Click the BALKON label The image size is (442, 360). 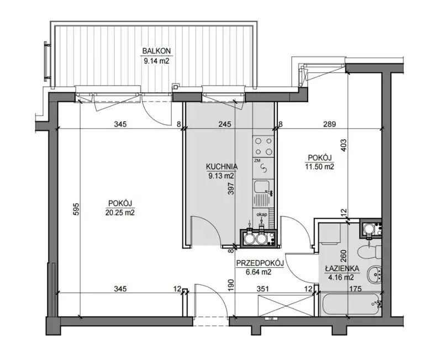[x=156, y=51]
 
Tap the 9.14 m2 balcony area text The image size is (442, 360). [x=156, y=61]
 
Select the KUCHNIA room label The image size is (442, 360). [x=222, y=167]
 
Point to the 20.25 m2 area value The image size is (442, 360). [x=120, y=213]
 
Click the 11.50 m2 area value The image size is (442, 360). [x=319, y=167]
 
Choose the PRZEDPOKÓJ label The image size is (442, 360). [x=260, y=263]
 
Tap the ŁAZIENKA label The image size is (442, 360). [x=341, y=268]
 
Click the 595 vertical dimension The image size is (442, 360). [x=76, y=209]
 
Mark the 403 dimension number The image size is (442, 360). [x=344, y=145]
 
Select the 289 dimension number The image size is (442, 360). [x=329, y=124]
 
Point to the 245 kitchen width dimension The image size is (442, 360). [x=225, y=124]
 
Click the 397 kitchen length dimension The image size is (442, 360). [x=231, y=187]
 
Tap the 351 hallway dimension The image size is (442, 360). [x=263, y=289]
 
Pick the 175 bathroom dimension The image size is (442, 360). [x=355, y=289]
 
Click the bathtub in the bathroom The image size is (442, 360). [x=351, y=305]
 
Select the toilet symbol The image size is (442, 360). [x=369, y=251]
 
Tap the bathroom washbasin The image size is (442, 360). [x=375, y=273]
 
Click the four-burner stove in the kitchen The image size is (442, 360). [x=264, y=146]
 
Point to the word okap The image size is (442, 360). [x=261, y=214]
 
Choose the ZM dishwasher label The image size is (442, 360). [x=257, y=160]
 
